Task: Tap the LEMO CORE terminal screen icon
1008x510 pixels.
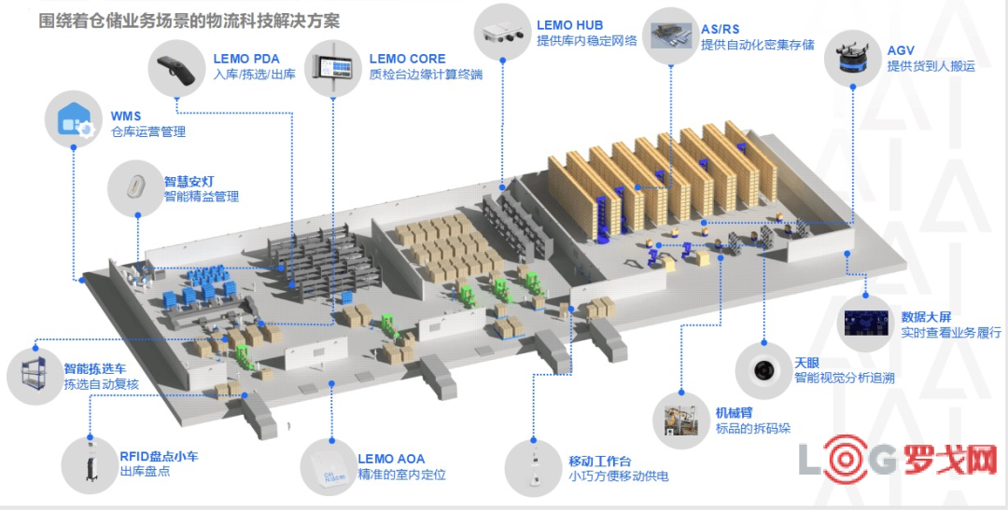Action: [337, 67]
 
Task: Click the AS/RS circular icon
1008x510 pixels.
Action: [670, 33]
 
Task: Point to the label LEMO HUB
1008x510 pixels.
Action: [569, 25]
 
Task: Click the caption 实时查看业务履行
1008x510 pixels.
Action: [951, 332]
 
